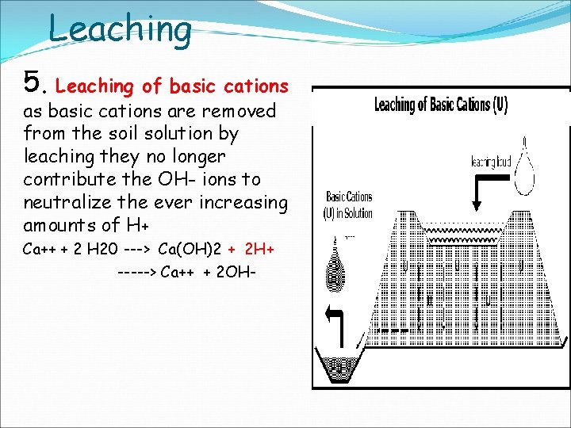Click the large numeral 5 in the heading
pos(33,81)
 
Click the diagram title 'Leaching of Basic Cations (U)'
pos(441,105)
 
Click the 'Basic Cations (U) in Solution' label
pos(349,204)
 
